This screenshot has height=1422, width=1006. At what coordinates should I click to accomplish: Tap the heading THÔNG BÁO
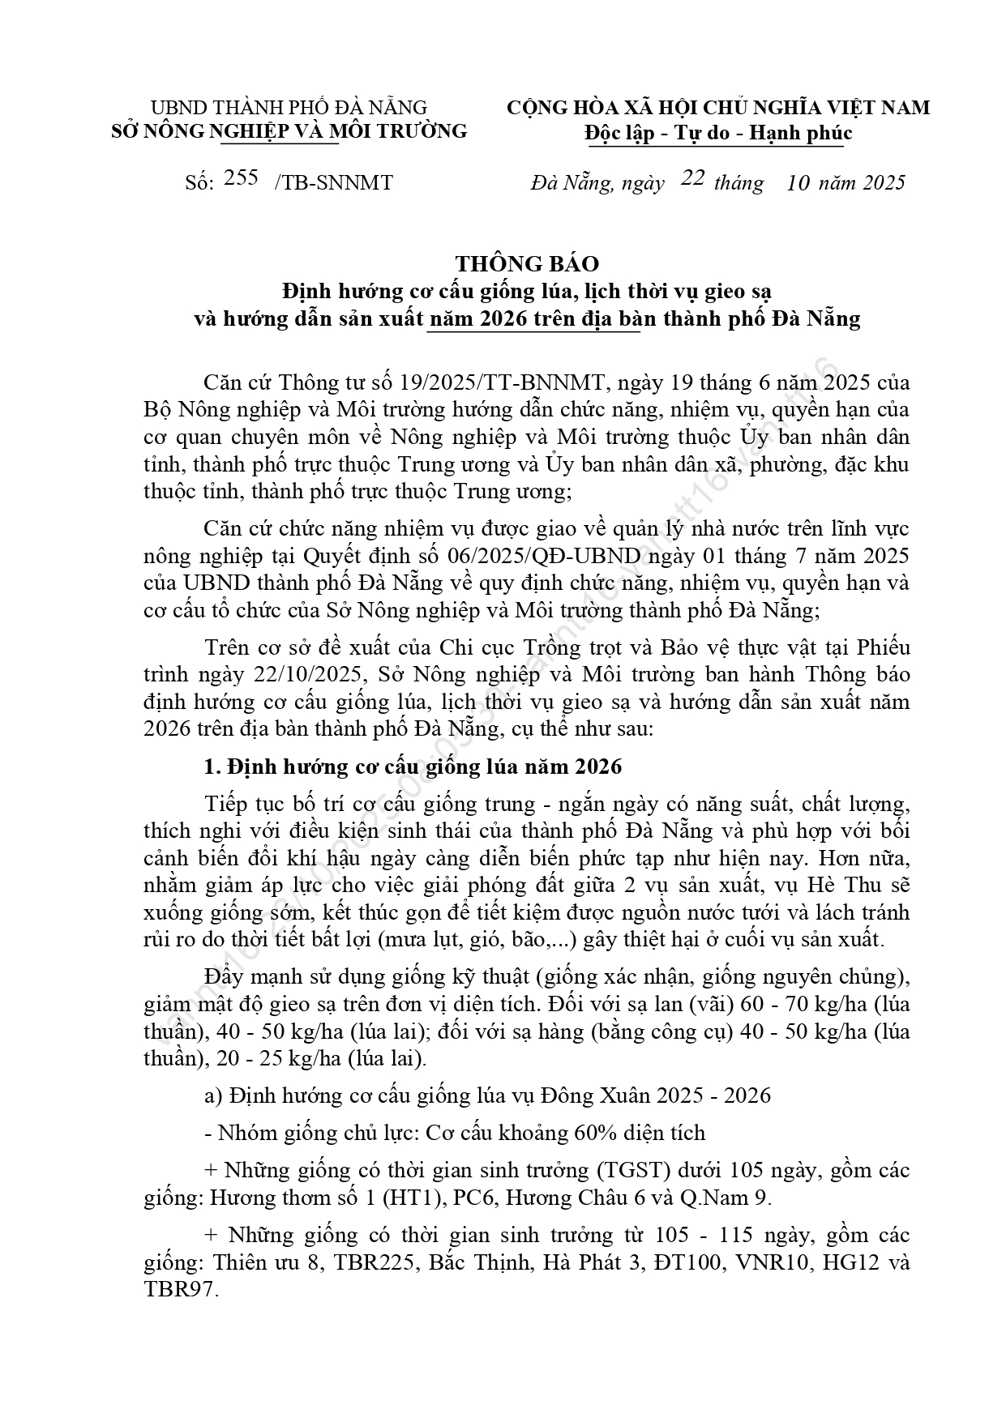tap(527, 263)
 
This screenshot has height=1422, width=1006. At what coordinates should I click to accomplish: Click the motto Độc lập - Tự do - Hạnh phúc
tap(718, 132)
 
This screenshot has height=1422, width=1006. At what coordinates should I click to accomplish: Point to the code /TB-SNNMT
tap(334, 183)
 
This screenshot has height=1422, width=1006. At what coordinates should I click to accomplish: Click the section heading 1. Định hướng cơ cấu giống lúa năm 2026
tap(413, 766)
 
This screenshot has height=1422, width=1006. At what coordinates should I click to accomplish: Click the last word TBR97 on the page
tap(179, 1290)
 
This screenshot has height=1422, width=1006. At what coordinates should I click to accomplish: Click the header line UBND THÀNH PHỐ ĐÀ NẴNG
tap(289, 108)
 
